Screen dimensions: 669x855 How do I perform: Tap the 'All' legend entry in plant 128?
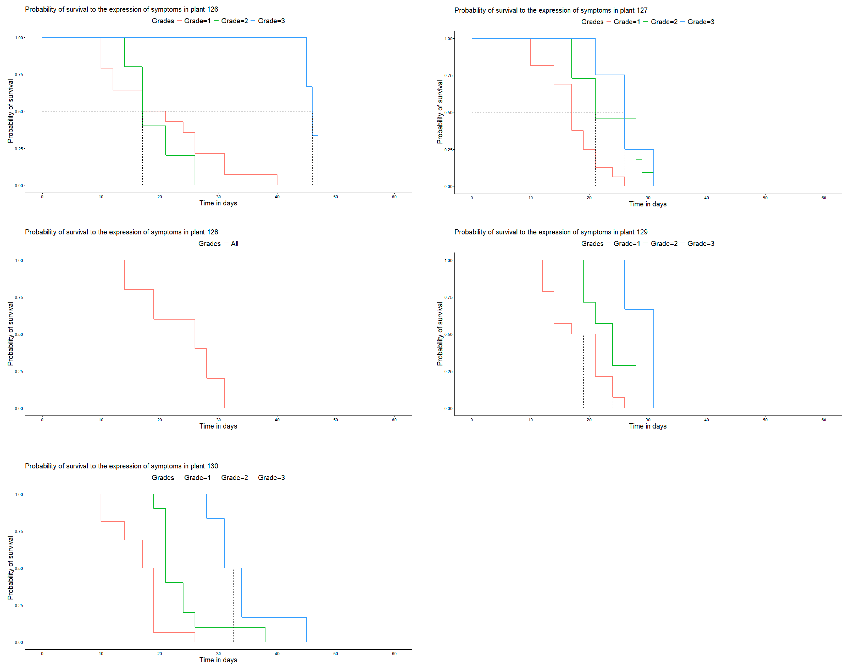click(234, 244)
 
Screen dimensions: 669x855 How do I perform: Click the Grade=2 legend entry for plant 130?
click(234, 477)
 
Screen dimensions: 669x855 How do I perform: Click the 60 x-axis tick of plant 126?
click(394, 197)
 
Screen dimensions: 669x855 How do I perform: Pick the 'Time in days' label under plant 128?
click(218, 426)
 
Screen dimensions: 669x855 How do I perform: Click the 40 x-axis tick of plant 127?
click(706, 198)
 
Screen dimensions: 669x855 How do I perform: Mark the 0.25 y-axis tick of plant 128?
click(19, 371)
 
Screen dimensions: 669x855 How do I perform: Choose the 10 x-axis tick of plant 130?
click(101, 654)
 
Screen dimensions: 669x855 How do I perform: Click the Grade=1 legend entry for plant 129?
click(626, 244)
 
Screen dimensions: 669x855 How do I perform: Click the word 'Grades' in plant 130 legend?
click(163, 477)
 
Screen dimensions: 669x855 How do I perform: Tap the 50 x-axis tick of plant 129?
click(765, 420)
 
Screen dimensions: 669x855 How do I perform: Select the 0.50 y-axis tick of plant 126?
click(19, 112)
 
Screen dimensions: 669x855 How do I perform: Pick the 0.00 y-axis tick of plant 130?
click(19, 642)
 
